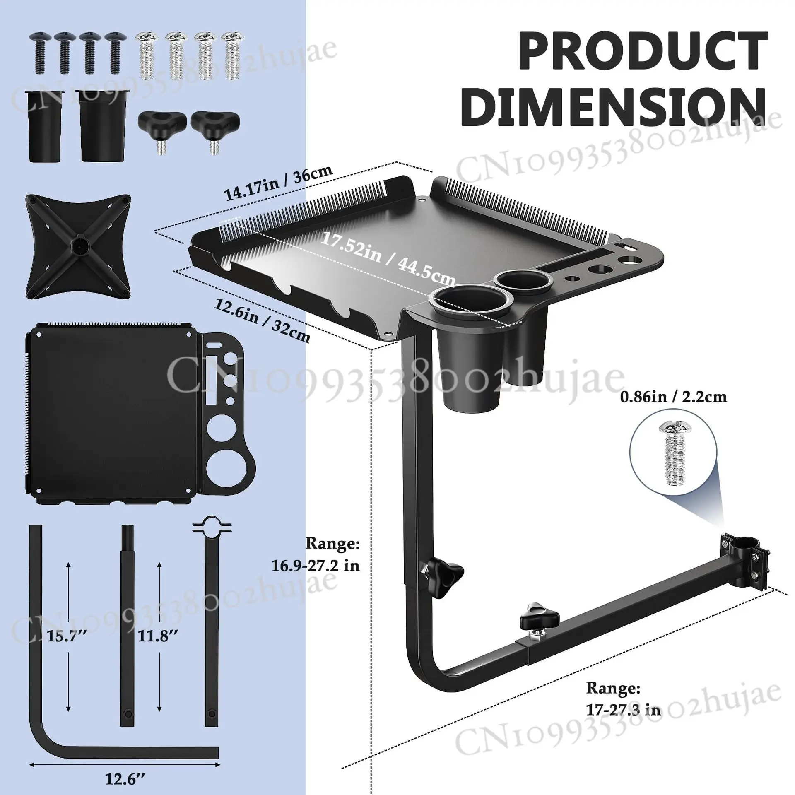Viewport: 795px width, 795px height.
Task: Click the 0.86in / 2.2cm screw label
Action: (x=673, y=397)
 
